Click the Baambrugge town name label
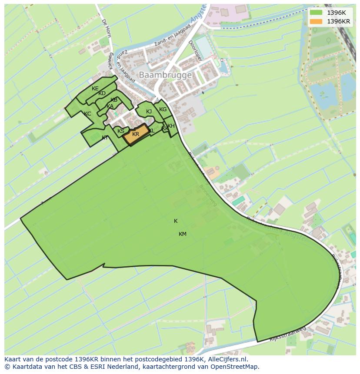(x=165, y=75)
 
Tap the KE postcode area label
(x=95, y=89)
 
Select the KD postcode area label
(x=102, y=93)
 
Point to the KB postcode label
(x=114, y=100)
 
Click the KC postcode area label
(x=87, y=114)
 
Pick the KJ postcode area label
(x=149, y=112)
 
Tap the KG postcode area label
(x=163, y=109)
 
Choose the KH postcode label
(x=171, y=126)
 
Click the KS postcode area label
(x=121, y=131)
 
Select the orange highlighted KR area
(x=136, y=134)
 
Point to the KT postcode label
(x=105, y=138)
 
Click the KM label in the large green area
(x=183, y=234)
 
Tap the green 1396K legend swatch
(x=316, y=13)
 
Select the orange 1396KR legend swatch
(x=316, y=21)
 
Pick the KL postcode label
(x=151, y=131)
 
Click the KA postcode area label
(x=110, y=106)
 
